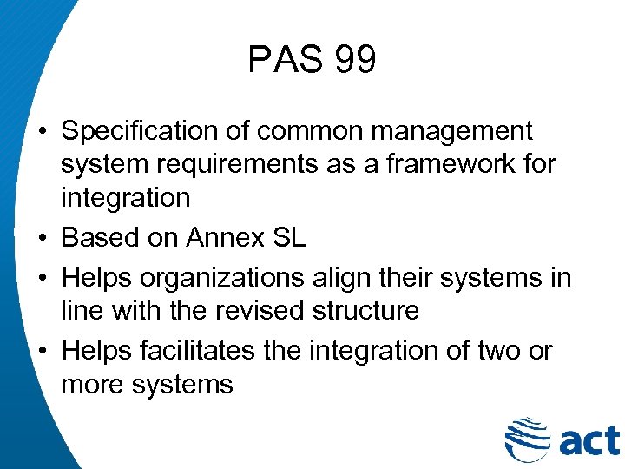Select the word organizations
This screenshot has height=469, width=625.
[x=220, y=277]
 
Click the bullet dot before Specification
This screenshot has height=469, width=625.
[x=42, y=132]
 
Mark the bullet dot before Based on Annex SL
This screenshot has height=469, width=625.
[x=42, y=238]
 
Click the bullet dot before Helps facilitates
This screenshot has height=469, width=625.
[x=42, y=351]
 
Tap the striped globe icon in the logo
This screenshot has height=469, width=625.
[x=526, y=439]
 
